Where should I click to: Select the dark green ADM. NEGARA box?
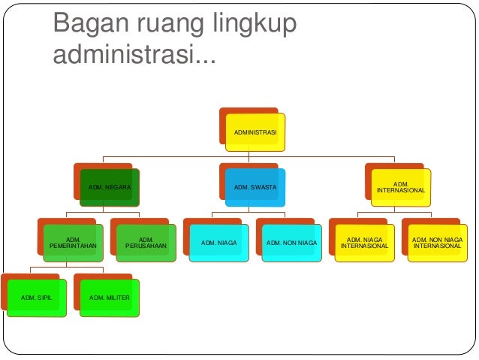pos(110,186)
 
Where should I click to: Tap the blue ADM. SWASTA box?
pos(255,186)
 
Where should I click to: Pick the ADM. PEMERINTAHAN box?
pos(74,242)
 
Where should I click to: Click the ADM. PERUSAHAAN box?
pos(146,242)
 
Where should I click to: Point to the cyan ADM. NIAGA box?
pos(218,242)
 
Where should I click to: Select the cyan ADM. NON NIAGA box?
pos(291,242)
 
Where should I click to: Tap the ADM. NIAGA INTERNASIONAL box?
pos(364,242)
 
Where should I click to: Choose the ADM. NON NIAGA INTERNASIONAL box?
pos(437,242)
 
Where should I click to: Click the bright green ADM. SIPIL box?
pos(37,298)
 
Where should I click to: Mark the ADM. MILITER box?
pos(110,298)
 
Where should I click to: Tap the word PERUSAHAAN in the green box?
pos(146,246)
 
